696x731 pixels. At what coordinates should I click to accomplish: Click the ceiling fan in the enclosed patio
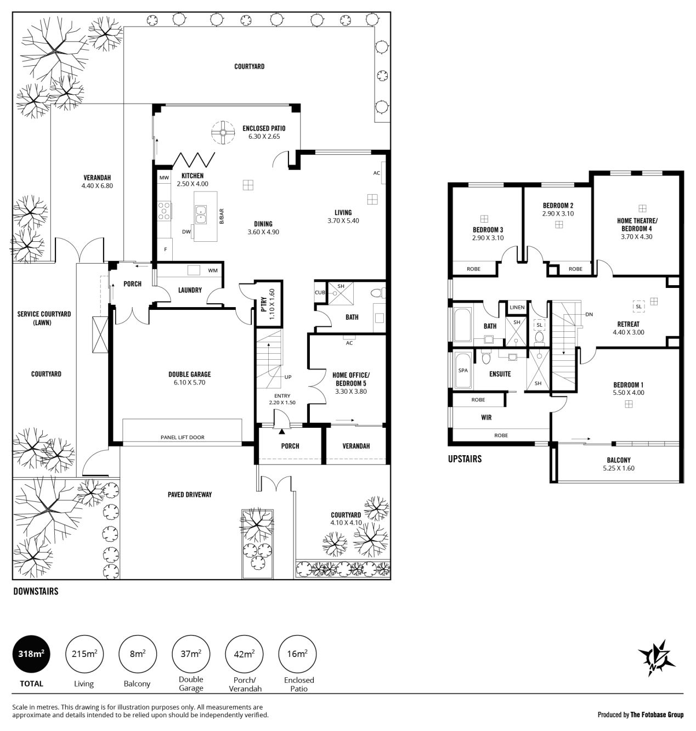click(x=223, y=132)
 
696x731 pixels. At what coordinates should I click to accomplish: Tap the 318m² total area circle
click(x=31, y=654)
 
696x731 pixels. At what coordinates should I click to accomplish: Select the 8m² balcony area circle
click(x=137, y=654)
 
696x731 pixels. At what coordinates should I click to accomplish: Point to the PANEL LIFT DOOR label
click(x=182, y=437)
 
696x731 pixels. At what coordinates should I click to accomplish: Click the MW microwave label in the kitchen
click(x=164, y=178)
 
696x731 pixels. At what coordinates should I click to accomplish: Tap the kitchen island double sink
click(x=200, y=214)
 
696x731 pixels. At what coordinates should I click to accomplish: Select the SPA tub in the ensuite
click(x=463, y=370)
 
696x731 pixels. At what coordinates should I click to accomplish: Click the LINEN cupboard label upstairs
click(x=517, y=307)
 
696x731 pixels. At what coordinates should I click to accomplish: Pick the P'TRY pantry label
click(x=264, y=304)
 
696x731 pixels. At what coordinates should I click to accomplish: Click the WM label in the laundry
click(x=213, y=270)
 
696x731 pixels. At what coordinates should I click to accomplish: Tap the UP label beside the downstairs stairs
click(x=288, y=377)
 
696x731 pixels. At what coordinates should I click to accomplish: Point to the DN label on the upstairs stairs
click(x=589, y=314)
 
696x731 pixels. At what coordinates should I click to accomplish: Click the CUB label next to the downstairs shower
click(x=320, y=292)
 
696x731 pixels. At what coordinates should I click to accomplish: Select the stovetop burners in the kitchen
click(x=164, y=211)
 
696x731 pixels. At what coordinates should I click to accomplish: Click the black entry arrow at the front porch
click(x=281, y=432)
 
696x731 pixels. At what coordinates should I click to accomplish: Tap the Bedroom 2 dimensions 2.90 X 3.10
click(x=558, y=213)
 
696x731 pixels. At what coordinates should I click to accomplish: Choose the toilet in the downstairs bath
click(x=378, y=293)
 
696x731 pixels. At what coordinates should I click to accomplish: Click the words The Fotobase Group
click(x=657, y=715)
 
